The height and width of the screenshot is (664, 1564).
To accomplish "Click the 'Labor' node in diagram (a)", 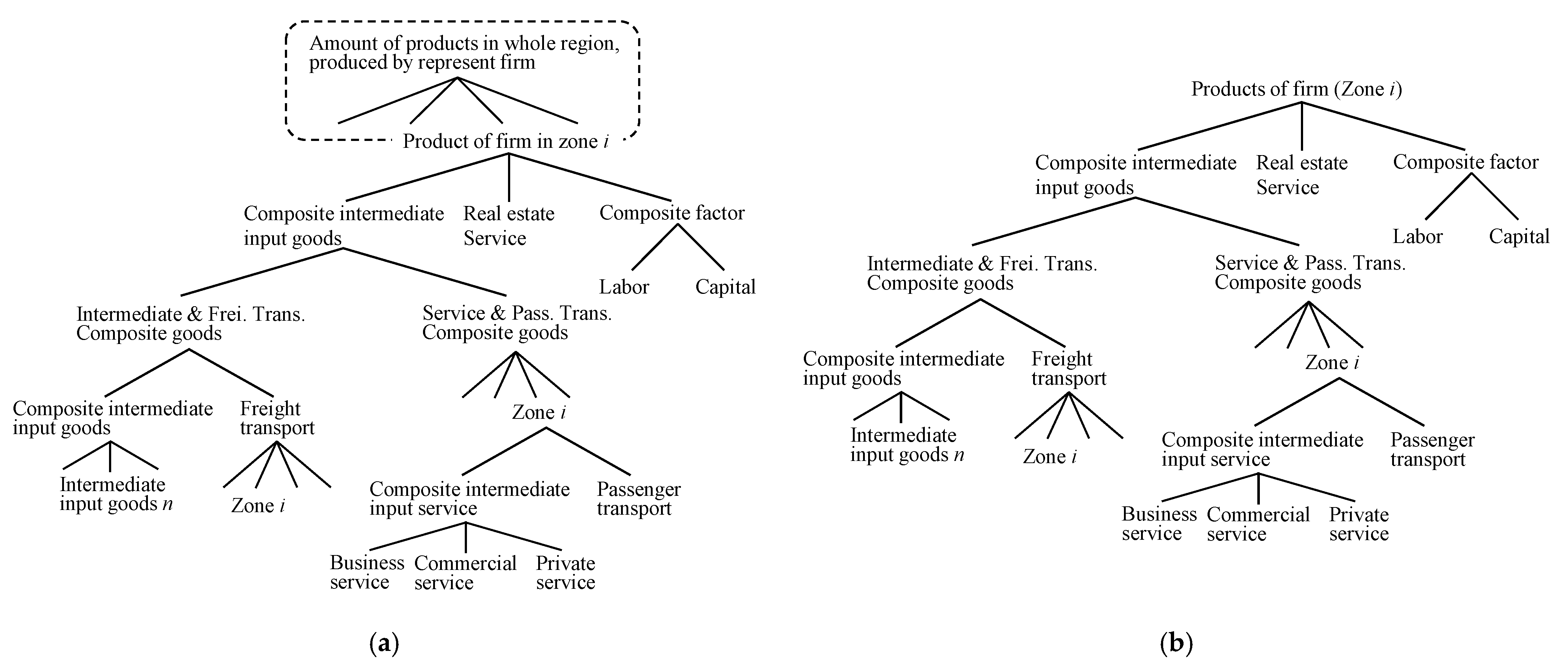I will tap(624, 287).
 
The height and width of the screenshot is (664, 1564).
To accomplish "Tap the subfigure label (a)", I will tap(384, 643).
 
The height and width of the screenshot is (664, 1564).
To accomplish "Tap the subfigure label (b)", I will tap(1176, 643).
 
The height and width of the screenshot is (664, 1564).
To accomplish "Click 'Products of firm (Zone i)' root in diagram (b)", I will tap(1296, 89).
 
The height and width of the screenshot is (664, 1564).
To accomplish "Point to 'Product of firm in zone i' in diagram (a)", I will tap(505, 141).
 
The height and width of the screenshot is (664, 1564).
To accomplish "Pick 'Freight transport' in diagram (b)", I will tap(1068, 368).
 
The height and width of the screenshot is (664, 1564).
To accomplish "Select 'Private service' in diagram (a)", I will tap(565, 572).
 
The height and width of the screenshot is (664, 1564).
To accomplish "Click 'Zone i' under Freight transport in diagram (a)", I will tap(257, 506).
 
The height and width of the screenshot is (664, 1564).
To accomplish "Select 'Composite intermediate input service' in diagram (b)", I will tap(1262, 449).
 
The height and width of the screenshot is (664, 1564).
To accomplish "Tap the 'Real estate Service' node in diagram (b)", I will tap(1301, 175).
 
